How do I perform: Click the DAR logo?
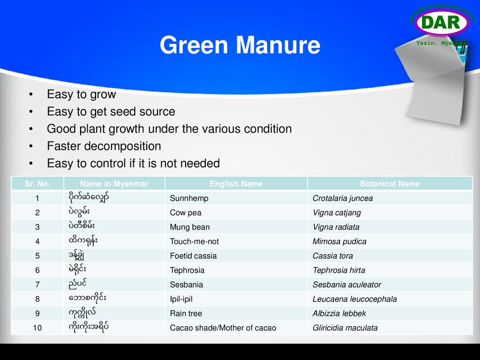pos(442,22)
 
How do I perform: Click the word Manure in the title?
pos(278,45)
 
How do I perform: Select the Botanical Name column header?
pos(390,184)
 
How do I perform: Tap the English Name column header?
pos(236,184)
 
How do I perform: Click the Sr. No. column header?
pos(37,184)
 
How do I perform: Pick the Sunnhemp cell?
pos(189,198)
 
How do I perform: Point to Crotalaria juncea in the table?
pos(343,198)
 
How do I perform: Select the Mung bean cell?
pos(190,227)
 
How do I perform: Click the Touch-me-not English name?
pos(195,241)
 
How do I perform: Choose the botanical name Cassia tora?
pos(333,256)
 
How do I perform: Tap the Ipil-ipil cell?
pos(181,299)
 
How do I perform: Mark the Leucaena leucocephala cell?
pos(354,299)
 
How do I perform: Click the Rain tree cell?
pos(186,314)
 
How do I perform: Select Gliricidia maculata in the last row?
pos(345,328)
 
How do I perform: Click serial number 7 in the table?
pos(37,285)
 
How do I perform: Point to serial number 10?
pos(37,328)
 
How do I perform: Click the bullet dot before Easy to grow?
pos(31,94)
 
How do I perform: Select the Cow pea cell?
pos(186,213)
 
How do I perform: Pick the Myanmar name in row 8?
pos(87,298)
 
